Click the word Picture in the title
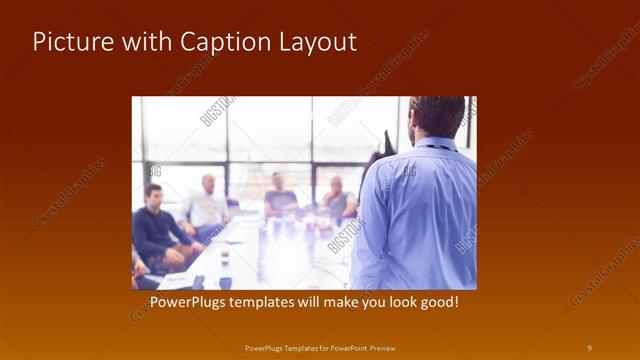pyautogui.click(x=67, y=42)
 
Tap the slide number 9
pyautogui.click(x=589, y=348)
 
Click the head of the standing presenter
pyautogui.click(x=437, y=116)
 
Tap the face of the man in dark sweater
pyautogui.click(x=153, y=194)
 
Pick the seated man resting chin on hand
pyautogui.click(x=337, y=199)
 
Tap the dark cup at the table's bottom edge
pyautogui.click(x=225, y=282)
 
